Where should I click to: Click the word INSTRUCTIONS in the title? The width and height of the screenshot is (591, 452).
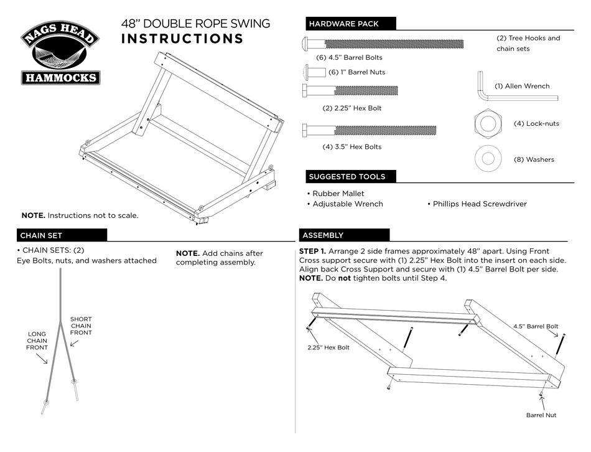click(x=182, y=39)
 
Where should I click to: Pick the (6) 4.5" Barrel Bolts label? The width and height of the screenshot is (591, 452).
click(x=349, y=58)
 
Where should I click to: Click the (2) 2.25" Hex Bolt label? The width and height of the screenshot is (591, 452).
click(x=351, y=108)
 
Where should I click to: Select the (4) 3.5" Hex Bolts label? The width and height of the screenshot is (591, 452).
click(x=351, y=147)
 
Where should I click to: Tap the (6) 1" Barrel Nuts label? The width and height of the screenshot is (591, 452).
click(x=356, y=72)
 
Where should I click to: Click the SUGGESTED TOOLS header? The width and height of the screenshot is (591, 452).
click(x=347, y=177)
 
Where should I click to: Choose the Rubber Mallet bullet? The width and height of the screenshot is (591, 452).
click(x=335, y=194)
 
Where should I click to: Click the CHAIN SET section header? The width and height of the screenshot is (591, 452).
click(x=40, y=235)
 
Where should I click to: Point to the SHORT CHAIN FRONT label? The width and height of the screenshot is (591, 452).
click(x=81, y=326)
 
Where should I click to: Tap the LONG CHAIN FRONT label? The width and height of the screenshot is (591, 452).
click(x=37, y=341)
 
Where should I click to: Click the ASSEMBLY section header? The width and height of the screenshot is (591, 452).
click(x=322, y=235)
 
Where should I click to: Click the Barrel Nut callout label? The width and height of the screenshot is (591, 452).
click(x=541, y=415)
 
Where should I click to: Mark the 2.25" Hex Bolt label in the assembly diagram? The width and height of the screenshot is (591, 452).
click(x=328, y=347)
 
